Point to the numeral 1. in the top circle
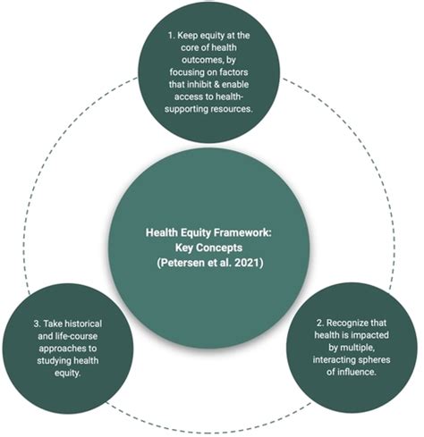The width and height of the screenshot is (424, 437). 171,36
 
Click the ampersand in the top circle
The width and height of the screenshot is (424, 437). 216,84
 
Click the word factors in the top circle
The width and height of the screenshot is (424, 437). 233,72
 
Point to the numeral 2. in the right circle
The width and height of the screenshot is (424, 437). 320,323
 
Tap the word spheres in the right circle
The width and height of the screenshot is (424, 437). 375,360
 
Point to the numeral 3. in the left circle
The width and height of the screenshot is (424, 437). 38,324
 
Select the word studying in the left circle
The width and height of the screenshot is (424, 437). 54,361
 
